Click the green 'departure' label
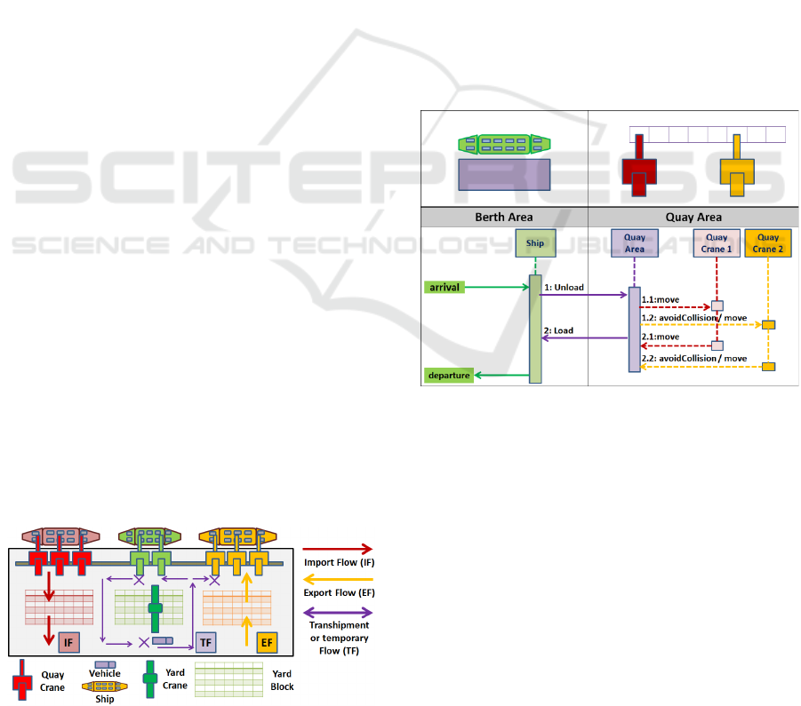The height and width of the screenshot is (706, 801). tap(450, 376)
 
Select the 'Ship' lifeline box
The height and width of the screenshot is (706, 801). tap(535, 243)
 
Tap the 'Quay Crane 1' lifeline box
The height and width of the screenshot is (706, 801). tap(717, 242)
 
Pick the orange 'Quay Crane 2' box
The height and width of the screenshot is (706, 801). tap(768, 242)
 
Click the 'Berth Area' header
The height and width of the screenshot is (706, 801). tap(504, 217)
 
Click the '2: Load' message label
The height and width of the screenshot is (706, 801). tap(558, 330)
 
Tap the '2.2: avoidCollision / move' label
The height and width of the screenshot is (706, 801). tap(694, 359)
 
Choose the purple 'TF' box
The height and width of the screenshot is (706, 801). tap(206, 640)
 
